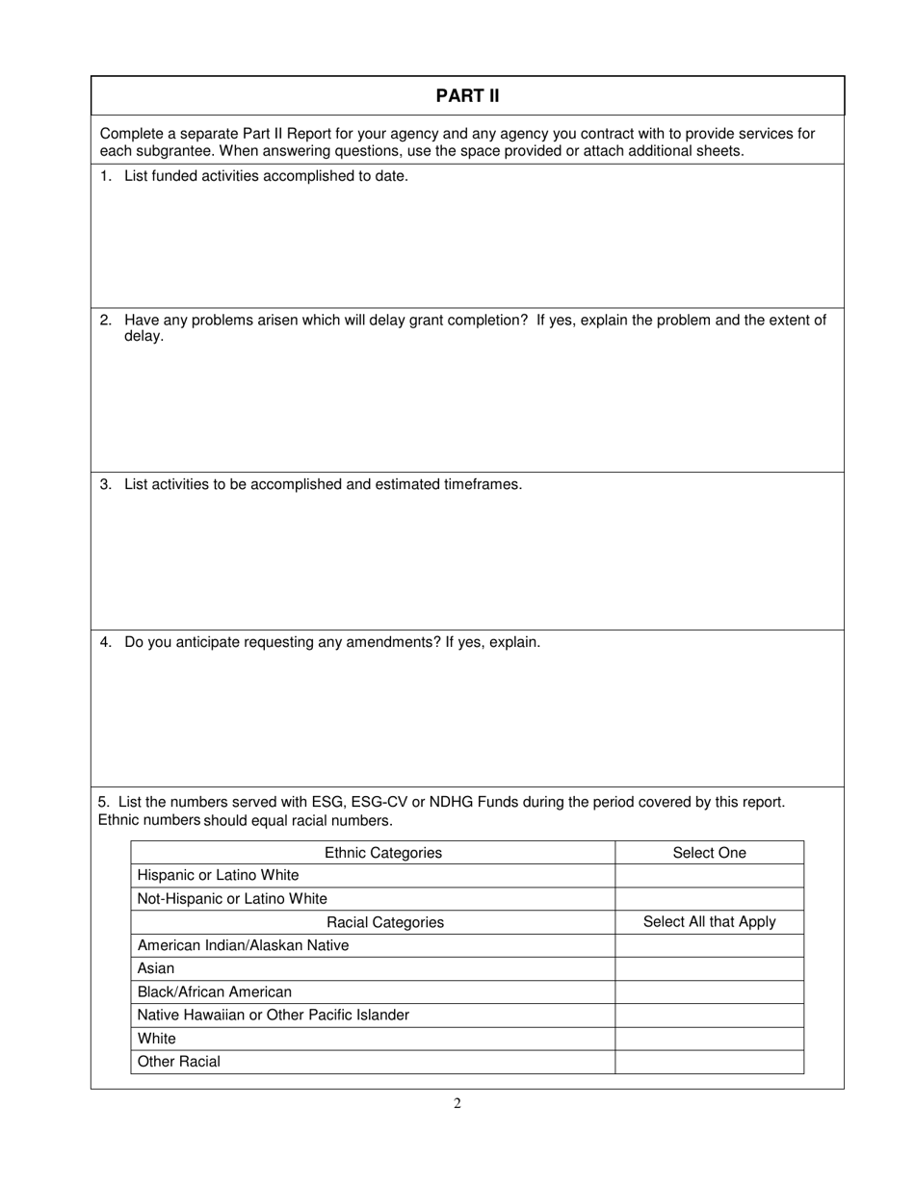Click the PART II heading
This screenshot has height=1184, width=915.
pyautogui.click(x=467, y=96)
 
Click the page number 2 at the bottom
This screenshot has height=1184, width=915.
pyautogui.click(x=457, y=1103)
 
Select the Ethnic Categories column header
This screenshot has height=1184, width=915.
pyautogui.click(x=383, y=853)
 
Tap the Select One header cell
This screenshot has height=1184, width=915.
pyautogui.click(x=709, y=853)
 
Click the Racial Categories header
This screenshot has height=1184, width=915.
pyautogui.click(x=385, y=922)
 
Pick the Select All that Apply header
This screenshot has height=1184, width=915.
pyautogui.click(x=709, y=922)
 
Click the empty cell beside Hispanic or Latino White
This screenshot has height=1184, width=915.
pyautogui.click(x=709, y=876)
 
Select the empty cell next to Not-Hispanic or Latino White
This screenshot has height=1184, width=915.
pyautogui.click(x=709, y=899)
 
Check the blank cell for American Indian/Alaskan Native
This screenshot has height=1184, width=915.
pyautogui.click(x=709, y=945)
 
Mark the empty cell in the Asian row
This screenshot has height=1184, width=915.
pyautogui.click(x=709, y=968)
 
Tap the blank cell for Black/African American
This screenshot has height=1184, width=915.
pyautogui.click(x=709, y=991)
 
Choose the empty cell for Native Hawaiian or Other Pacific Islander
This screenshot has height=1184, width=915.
pyautogui.click(x=709, y=1016)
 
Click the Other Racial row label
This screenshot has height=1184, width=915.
pyautogui.click(x=179, y=1062)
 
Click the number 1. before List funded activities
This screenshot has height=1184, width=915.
pyautogui.click(x=106, y=176)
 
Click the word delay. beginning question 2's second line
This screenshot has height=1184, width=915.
pyautogui.click(x=144, y=337)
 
